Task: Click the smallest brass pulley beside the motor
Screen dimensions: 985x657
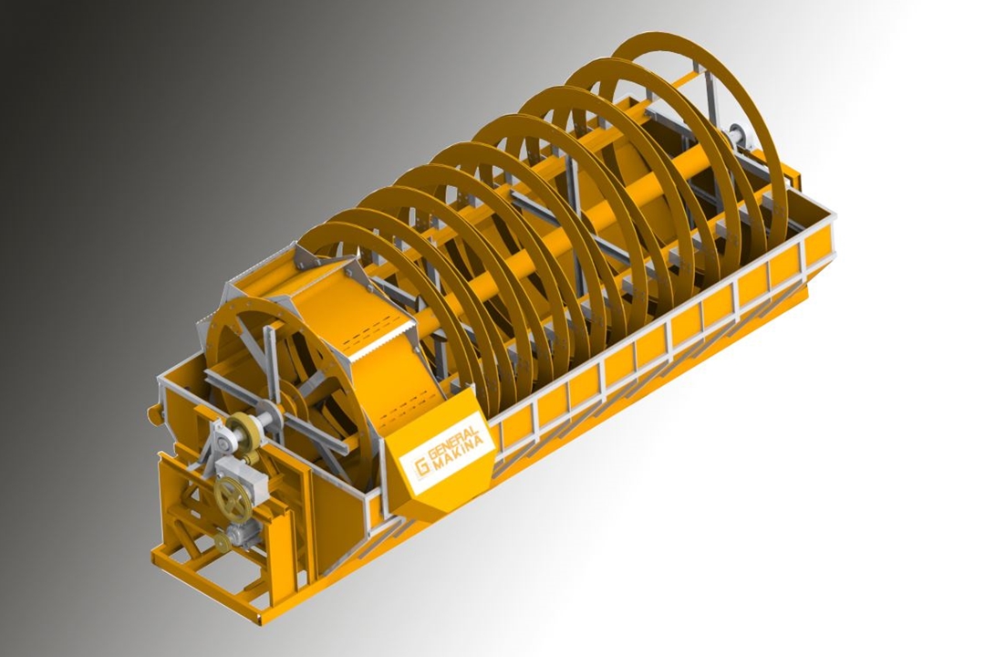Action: (x=222, y=543)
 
